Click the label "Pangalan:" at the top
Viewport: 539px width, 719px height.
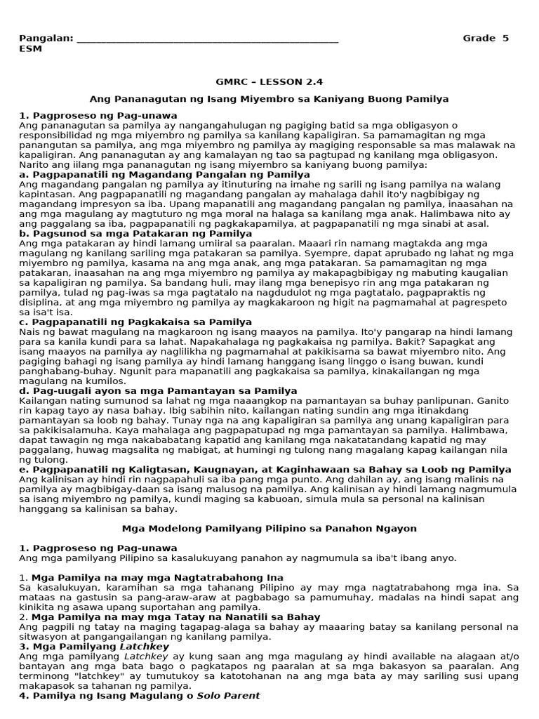46,38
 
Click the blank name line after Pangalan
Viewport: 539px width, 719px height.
207,39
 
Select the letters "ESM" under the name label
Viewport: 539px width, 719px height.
30,48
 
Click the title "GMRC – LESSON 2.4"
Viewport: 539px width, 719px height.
269,81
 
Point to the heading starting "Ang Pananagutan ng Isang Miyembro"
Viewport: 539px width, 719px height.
269,100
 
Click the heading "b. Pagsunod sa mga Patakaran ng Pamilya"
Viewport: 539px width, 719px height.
135,233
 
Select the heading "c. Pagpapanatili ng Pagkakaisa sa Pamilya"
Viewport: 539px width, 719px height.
135,322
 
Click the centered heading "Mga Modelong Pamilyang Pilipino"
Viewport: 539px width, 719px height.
269,528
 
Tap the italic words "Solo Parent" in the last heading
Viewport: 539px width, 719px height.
228,695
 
